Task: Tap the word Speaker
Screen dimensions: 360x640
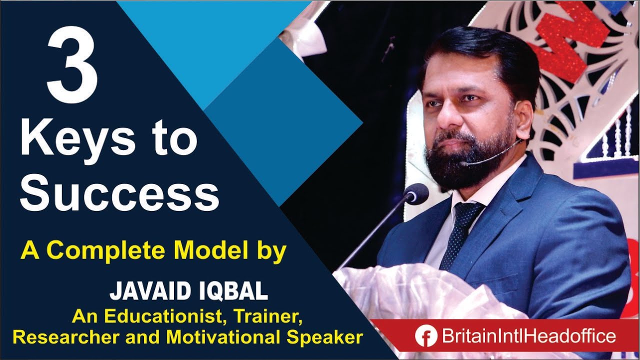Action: tap(324, 337)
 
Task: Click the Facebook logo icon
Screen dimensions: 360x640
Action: tap(426, 336)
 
